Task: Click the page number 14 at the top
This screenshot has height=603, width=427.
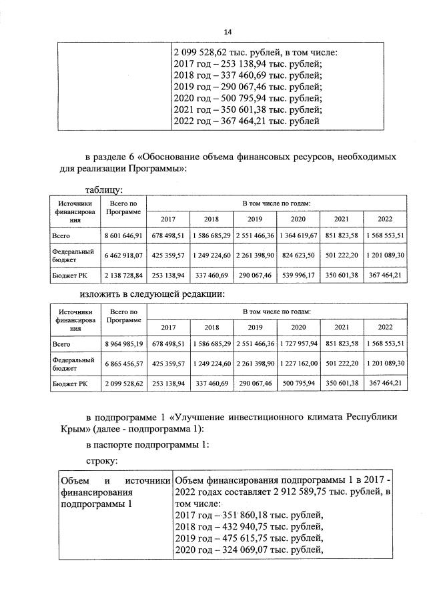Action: point(228,31)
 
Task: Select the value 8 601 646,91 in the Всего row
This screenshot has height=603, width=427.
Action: point(123,235)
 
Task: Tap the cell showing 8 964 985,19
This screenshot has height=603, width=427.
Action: point(123,344)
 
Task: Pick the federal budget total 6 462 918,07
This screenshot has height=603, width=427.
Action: point(123,255)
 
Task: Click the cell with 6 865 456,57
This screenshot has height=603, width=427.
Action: point(123,363)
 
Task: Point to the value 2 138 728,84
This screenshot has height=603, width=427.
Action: point(123,274)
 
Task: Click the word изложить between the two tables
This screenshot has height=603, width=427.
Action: point(100,293)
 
